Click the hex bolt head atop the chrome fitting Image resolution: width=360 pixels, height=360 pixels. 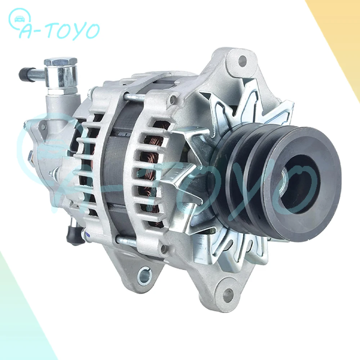[x=60, y=62]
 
